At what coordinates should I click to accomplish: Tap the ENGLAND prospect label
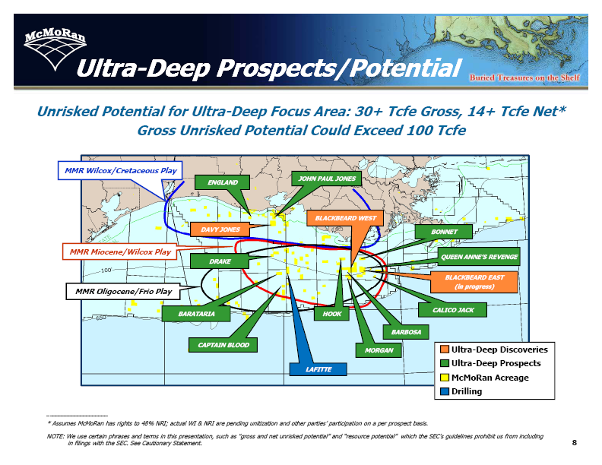click(222, 182)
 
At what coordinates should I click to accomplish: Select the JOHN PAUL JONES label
click(327, 179)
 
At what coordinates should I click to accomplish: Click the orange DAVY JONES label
click(220, 229)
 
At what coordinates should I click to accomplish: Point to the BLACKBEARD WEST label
click(345, 218)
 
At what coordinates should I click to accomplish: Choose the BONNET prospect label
click(444, 232)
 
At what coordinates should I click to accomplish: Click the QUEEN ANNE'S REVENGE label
click(479, 257)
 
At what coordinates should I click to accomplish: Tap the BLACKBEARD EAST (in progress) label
click(474, 282)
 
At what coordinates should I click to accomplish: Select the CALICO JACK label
click(453, 310)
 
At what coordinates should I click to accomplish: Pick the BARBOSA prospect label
click(406, 332)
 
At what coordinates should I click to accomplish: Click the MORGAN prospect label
click(379, 350)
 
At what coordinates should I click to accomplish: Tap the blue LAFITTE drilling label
click(318, 369)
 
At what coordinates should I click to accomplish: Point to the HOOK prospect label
click(331, 314)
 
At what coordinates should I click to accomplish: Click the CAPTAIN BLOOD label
click(223, 345)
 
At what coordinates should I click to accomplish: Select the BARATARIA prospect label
click(196, 314)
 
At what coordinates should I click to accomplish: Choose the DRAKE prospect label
click(220, 261)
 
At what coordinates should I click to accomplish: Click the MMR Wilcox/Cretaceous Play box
click(120, 170)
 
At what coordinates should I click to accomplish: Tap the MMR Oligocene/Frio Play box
click(123, 291)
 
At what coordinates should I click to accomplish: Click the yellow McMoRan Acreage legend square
click(445, 378)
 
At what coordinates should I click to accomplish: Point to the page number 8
click(575, 443)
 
